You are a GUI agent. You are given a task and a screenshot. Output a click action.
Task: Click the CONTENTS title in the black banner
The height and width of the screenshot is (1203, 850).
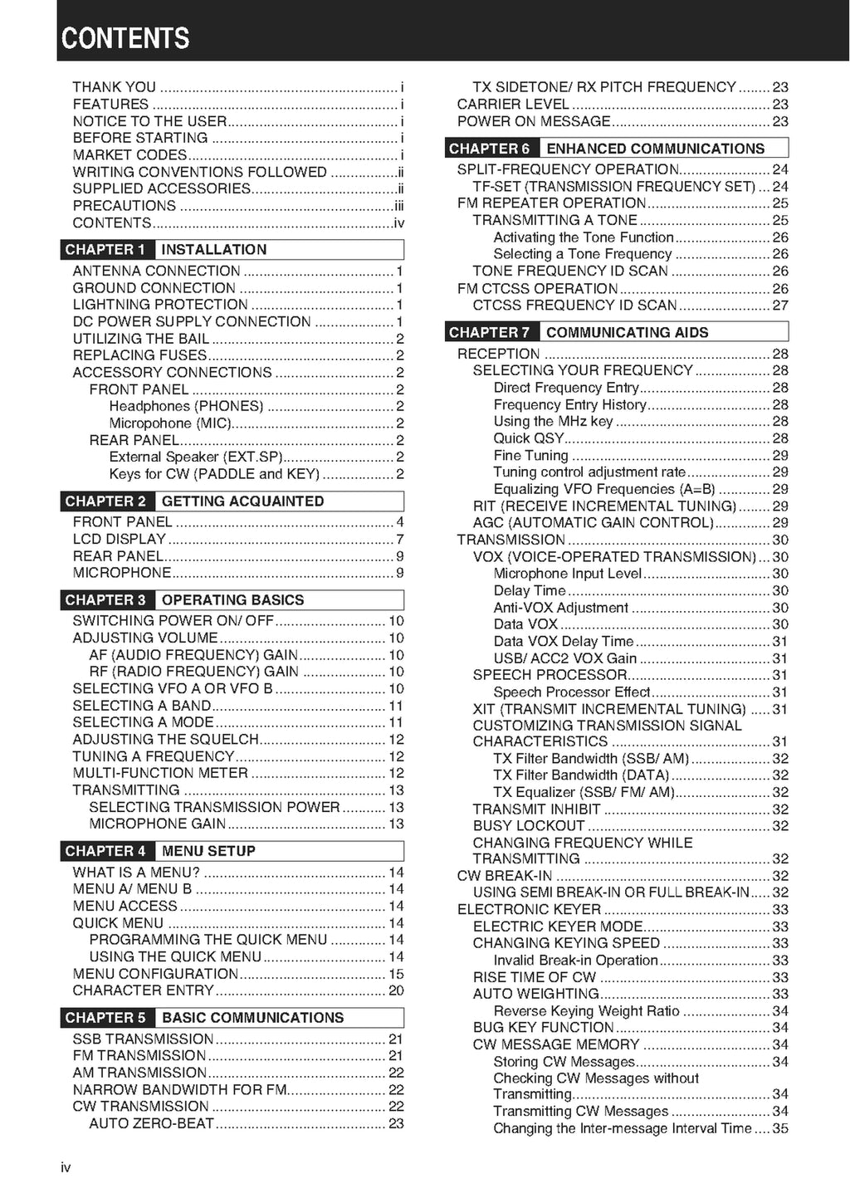125,38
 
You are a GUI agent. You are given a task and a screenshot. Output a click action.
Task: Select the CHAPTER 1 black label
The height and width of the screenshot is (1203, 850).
105,250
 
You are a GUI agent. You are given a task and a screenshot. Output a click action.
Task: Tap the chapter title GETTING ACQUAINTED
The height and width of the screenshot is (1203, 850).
242,501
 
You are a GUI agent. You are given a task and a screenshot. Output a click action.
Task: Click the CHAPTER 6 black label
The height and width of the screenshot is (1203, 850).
490,149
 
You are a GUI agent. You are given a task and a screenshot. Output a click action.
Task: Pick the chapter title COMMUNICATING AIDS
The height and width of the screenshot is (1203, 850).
627,333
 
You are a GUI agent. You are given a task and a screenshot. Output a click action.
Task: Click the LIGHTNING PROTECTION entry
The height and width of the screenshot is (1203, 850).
160,305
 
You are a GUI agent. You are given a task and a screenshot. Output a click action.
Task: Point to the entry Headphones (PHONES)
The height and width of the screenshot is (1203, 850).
186,406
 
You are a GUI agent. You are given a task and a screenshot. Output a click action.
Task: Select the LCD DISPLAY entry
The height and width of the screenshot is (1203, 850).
120,539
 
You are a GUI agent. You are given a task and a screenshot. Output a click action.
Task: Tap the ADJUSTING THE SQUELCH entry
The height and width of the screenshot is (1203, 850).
165,739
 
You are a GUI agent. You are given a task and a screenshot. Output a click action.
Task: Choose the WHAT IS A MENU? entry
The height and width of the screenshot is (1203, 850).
136,873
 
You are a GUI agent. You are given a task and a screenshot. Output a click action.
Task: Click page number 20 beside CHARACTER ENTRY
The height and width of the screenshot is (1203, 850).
396,990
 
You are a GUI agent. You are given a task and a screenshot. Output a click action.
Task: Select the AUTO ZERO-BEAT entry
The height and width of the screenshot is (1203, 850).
152,1123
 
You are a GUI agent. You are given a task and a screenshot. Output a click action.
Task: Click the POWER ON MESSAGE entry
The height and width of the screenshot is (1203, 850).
534,121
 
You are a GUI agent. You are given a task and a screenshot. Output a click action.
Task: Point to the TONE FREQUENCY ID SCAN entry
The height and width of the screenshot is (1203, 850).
570,271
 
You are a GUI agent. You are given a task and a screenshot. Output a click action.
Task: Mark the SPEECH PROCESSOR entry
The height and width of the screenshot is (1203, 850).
550,675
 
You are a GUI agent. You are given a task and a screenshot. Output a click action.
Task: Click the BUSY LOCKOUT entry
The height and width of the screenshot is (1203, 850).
529,826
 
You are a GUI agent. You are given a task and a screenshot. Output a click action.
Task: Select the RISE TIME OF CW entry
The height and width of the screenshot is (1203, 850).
535,977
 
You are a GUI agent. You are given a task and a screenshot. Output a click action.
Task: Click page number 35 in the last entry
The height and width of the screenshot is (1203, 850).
780,1128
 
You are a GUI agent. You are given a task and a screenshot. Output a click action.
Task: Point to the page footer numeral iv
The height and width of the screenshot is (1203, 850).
66,1168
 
